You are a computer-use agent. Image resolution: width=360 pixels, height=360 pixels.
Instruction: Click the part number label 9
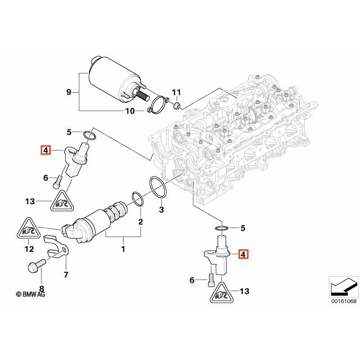(x=69, y=92)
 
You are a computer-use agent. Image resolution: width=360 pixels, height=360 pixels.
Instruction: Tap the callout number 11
(x=177, y=92)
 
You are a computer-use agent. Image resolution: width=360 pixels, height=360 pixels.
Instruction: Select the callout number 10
(x=130, y=111)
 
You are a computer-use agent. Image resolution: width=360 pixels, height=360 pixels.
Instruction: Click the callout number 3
(x=161, y=210)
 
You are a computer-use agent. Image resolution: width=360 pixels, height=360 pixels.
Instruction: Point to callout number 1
(x=123, y=249)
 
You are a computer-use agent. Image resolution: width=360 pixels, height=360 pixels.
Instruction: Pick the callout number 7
(x=66, y=274)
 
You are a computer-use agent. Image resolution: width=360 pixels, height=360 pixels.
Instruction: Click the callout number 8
(x=42, y=289)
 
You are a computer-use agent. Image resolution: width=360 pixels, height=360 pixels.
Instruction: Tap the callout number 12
(x=29, y=249)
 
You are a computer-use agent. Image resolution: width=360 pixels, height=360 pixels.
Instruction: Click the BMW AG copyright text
(x=31, y=294)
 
